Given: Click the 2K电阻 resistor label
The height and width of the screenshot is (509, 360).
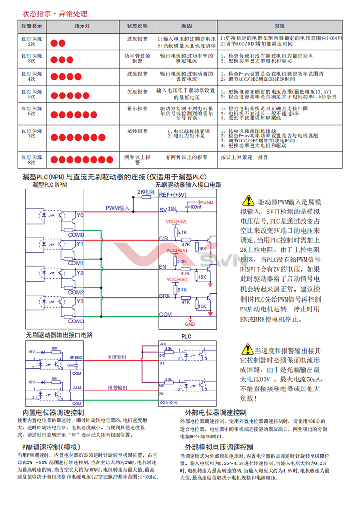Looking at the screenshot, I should tap(145, 192).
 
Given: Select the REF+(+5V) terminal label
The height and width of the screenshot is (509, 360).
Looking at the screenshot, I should tap(172, 195).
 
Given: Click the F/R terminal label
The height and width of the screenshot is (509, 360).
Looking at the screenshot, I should tap(164, 238).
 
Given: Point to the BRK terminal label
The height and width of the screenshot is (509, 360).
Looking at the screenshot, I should tap(165, 296).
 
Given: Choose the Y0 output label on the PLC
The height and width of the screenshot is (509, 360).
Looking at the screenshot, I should tap(79, 215).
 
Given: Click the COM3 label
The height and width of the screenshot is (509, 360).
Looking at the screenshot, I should tap(76, 321).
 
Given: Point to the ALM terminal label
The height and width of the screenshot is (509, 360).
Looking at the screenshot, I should tap(77, 387).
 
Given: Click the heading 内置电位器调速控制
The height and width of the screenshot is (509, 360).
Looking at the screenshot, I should tap(53, 413).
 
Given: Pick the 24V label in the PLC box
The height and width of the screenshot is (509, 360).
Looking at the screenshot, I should tap(162, 344).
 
